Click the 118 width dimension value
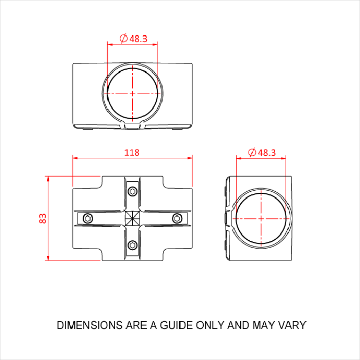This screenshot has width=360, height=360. coord(132,152)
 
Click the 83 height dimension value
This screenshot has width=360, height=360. coord(43,218)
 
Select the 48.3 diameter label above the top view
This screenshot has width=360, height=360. coord(138,38)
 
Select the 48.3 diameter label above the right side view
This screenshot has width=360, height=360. coord(266,152)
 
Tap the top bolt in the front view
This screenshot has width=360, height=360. coord(133,192)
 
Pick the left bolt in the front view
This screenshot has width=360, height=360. coord(88,219)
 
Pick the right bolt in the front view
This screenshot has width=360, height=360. coord(177,219)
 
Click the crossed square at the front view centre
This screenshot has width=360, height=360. coord(133,219)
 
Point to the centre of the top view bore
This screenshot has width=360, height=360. coord(133,94)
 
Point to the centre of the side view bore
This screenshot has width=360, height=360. coord(261,218)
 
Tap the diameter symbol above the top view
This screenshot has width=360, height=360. coord(123,38)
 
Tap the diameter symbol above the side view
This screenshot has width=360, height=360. coord(252,152)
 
